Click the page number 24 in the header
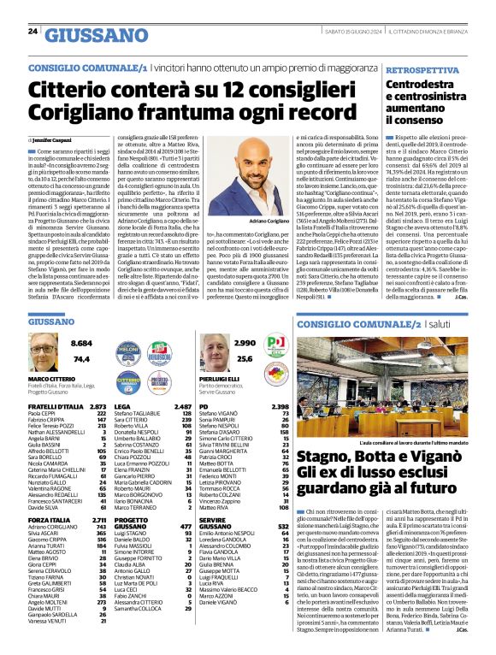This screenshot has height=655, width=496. (x=32, y=32)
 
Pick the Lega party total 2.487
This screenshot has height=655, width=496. (x=180, y=406)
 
